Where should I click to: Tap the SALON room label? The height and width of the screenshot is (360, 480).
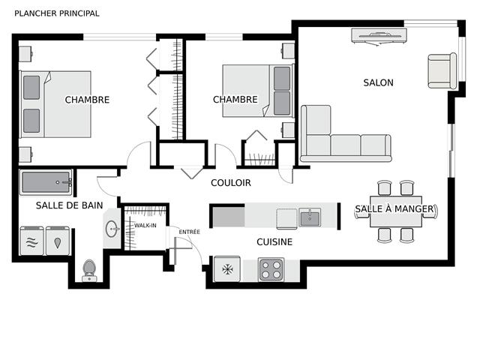pyautogui.click(x=378, y=83)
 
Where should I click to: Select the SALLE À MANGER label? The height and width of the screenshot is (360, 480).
pyautogui.click(x=394, y=208)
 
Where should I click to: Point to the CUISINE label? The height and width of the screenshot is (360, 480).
pyautogui.click(x=274, y=242)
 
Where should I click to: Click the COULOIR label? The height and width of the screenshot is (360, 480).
pyautogui.click(x=230, y=183)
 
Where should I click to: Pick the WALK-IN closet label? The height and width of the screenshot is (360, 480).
pyautogui.click(x=145, y=225)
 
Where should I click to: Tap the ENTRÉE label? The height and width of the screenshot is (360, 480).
pyautogui.click(x=189, y=232)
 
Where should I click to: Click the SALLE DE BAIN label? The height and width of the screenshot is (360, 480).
pyautogui.click(x=70, y=205)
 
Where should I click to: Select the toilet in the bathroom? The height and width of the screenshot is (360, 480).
pyautogui.click(x=89, y=268)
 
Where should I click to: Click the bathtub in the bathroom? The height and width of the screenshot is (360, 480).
pyautogui.click(x=46, y=182)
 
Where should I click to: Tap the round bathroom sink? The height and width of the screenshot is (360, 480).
pyautogui.click(x=112, y=229)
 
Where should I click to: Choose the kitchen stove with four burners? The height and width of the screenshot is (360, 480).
pyautogui.click(x=271, y=269)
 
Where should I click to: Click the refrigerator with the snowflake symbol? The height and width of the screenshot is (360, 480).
pyautogui.click(x=226, y=269)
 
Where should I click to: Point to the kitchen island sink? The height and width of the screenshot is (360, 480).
pyautogui.click(x=310, y=218)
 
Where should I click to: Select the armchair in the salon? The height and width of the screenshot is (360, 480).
pyautogui.click(x=442, y=71)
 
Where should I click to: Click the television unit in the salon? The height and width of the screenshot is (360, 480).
pyautogui.click(x=379, y=35)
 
